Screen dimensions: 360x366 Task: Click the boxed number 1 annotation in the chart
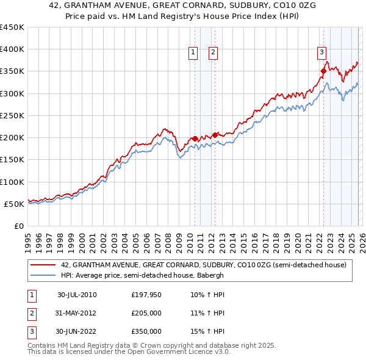pyautogui.click(x=193, y=53)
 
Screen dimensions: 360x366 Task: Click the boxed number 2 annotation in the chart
pyautogui.click(x=213, y=53)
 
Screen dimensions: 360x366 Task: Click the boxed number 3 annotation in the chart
pyautogui.click(x=321, y=53)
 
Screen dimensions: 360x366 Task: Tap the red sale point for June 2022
pyautogui.click(x=323, y=71)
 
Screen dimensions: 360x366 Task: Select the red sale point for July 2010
pyautogui.click(x=195, y=139)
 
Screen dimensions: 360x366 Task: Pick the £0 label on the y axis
pyautogui.click(x=18, y=226)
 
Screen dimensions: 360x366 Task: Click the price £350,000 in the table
pyautogui.click(x=146, y=331)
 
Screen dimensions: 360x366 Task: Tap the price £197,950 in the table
pyautogui.click(x=146, y=295)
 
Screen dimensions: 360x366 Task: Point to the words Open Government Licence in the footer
pyautogui.click(x=161, y=352)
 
